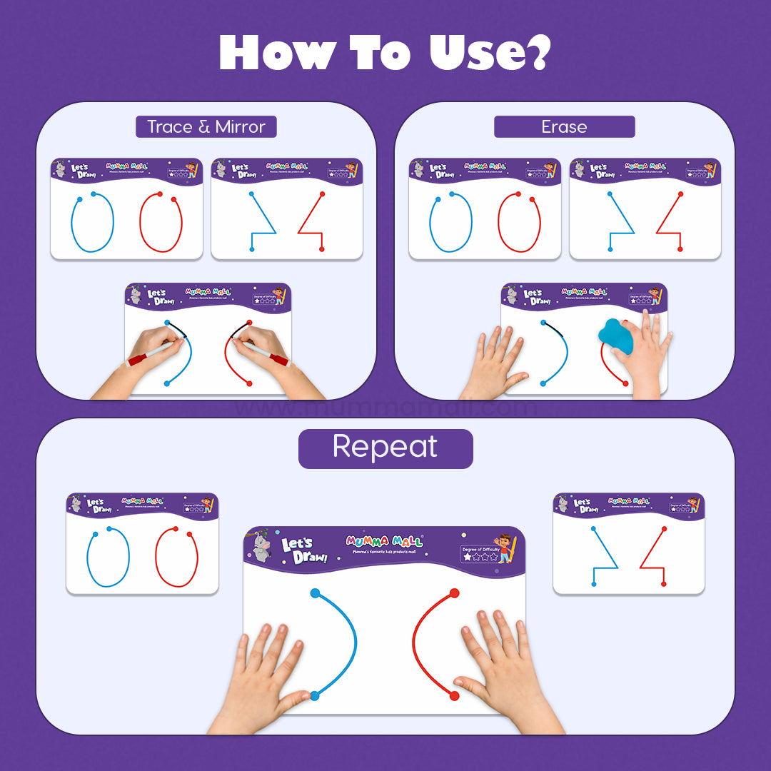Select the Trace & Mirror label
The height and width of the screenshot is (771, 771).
click(x=206, y=127)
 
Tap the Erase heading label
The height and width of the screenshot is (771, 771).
click(x=564, y=127)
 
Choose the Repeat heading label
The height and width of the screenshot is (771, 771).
click(x=385, y=448)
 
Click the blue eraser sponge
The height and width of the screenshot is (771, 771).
click(x=616, y=336)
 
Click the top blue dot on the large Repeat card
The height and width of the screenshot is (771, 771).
click(x=315, y=593)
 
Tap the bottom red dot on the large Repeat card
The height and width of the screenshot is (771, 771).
click(x=454, y=695)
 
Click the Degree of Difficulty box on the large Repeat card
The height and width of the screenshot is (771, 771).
click(x=480, y=553)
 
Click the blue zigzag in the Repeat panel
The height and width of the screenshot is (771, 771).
click(x=603, y=557)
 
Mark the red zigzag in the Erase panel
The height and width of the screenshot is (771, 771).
click(x=670, y=221)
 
